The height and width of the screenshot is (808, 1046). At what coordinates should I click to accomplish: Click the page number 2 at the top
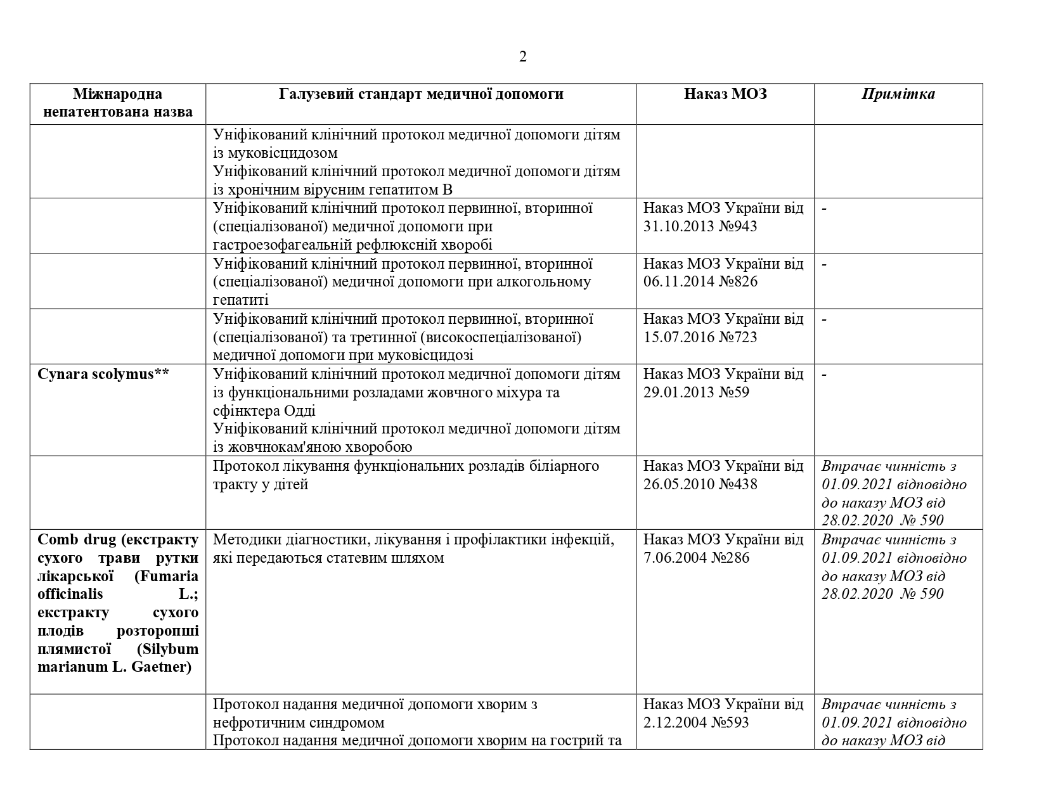(x=522, y=57)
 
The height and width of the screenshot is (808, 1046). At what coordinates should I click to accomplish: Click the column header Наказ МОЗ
(x=725, y=94)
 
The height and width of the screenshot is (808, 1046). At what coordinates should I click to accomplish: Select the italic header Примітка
(x=898, y=94)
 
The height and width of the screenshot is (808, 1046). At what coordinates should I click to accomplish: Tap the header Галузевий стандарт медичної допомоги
(x=421, y=94)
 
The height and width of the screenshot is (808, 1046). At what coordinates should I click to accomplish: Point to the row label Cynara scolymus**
(x=103, y=374)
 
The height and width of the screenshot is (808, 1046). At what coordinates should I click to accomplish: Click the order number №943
(x=738, y=226)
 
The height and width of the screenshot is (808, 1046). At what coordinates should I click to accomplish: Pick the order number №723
(x=738, y=337)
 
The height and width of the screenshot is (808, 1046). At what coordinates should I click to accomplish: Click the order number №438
(x=738, y=484)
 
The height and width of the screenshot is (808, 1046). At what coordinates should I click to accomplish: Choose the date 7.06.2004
(x=675, y=558)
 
